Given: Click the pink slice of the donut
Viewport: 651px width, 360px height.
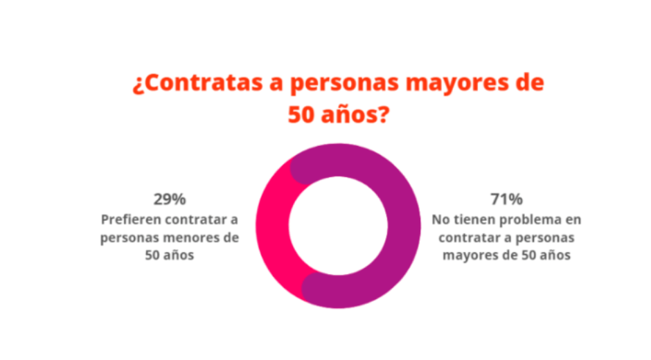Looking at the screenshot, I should pyautogui.click(x=272, y=228).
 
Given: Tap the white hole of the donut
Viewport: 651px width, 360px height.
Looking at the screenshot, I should pyautogui.click(x=337, y=226).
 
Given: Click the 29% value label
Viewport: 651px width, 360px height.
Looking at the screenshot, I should pyautogui.click(x=170, y=200).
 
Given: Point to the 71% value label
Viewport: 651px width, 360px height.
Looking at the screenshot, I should pyautogui.click(x=506, y=200).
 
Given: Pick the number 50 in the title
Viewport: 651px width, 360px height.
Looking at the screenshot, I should pyautogui.click(x=303, y=115).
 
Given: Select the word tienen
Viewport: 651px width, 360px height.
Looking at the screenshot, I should pyautogui.click(x=472, y=219).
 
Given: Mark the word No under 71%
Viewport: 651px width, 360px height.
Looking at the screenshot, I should pyautogui.click(x=440, y=219).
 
